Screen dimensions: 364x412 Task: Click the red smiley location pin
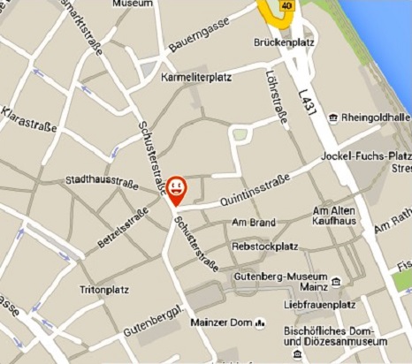point(177,189)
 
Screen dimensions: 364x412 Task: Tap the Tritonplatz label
point(98,290)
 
